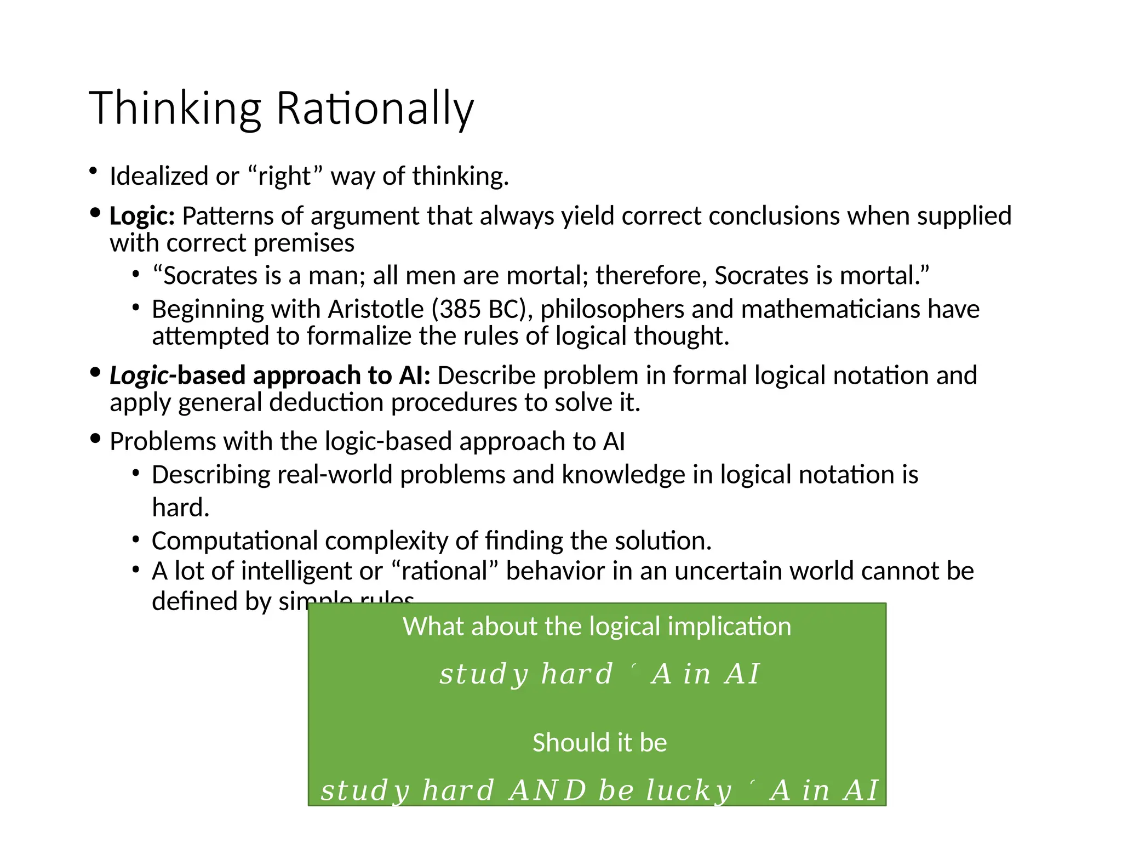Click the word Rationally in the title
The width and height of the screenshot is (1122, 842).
pos(375,108)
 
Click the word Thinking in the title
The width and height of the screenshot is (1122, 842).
pos(175,108)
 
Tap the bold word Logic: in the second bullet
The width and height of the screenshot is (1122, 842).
pos(142,216)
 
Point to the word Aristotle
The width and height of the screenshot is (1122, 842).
pos(376,309)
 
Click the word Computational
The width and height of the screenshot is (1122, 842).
pos(234,541)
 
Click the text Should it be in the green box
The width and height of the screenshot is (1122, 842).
pos(599,743)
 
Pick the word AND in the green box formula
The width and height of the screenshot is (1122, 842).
pos(547,790)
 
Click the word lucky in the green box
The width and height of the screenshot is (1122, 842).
pos(689,790)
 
